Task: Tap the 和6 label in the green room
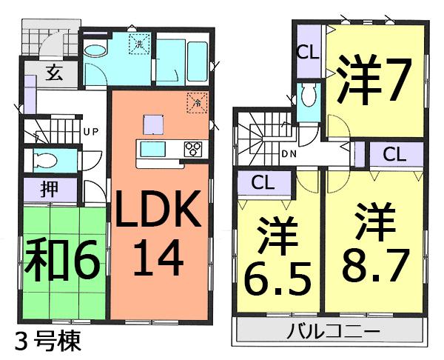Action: pyautogui.click(x=62, y=260)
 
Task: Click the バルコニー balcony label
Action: pyautogui.click(x=333, y=330)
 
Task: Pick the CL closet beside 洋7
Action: pyautogui.click(x=308, y=54)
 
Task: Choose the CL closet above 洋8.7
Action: pyautogui.click(x=394, y=156)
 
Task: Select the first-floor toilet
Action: pyautogui.click(x=46, y=159)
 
